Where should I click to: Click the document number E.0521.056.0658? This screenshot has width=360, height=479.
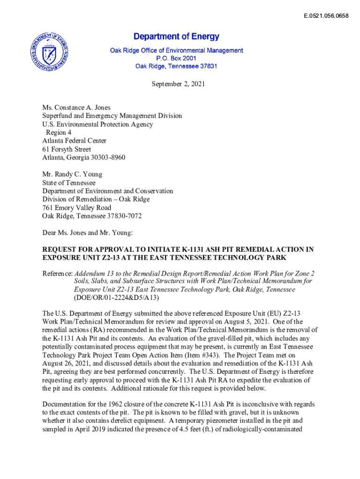(x=326, y=16)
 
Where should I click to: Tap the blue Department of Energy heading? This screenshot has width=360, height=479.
(x=176, y=36)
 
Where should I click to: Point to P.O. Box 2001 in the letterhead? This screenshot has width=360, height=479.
(x=176, y=58)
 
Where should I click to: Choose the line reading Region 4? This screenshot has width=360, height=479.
(x=55, y=132)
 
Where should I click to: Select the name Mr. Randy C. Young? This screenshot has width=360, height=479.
(x=72, y=174)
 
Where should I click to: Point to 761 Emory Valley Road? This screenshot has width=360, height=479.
(x=77, y=208)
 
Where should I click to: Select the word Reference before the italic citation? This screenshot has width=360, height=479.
(x=57, y=273)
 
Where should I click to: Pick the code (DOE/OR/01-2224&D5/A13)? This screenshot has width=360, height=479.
(x=117, y=298)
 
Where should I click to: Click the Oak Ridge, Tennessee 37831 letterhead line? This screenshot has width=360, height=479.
(x=176, y=66)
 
